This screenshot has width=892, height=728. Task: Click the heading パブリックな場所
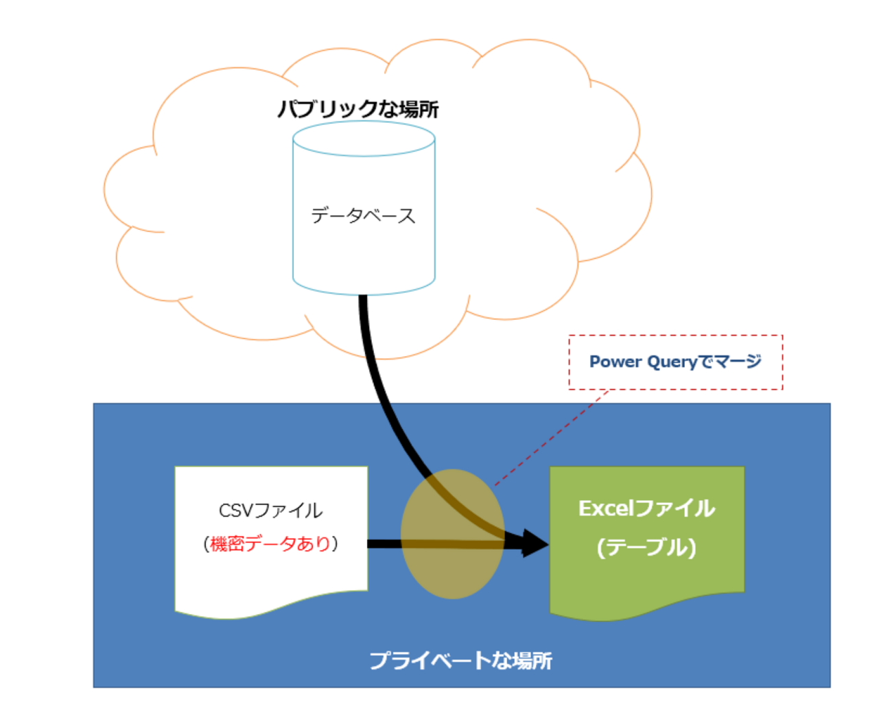click(x=357, y=109)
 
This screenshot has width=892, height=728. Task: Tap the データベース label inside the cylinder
click(x=363, y=215)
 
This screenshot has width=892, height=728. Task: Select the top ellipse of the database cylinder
click(x=364, y=139)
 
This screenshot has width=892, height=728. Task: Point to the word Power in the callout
click(x=615, y=362)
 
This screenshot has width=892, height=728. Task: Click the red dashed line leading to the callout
click(x=549, y=439)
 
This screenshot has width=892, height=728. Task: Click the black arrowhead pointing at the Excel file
click(x=535, y=543)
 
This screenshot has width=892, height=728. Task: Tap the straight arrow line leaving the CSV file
click(x=384, y=544)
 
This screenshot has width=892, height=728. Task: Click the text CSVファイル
click(x=270, y=510)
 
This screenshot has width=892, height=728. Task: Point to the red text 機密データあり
click(x=270, y=544)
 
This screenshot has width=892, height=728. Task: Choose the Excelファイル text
click(x=646, y=508)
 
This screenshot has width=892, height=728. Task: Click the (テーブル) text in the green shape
click(x=646, y=548)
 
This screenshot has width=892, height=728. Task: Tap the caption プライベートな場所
click(x=460, y=660)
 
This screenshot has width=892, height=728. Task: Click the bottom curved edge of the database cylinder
click(x=364, y=293)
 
